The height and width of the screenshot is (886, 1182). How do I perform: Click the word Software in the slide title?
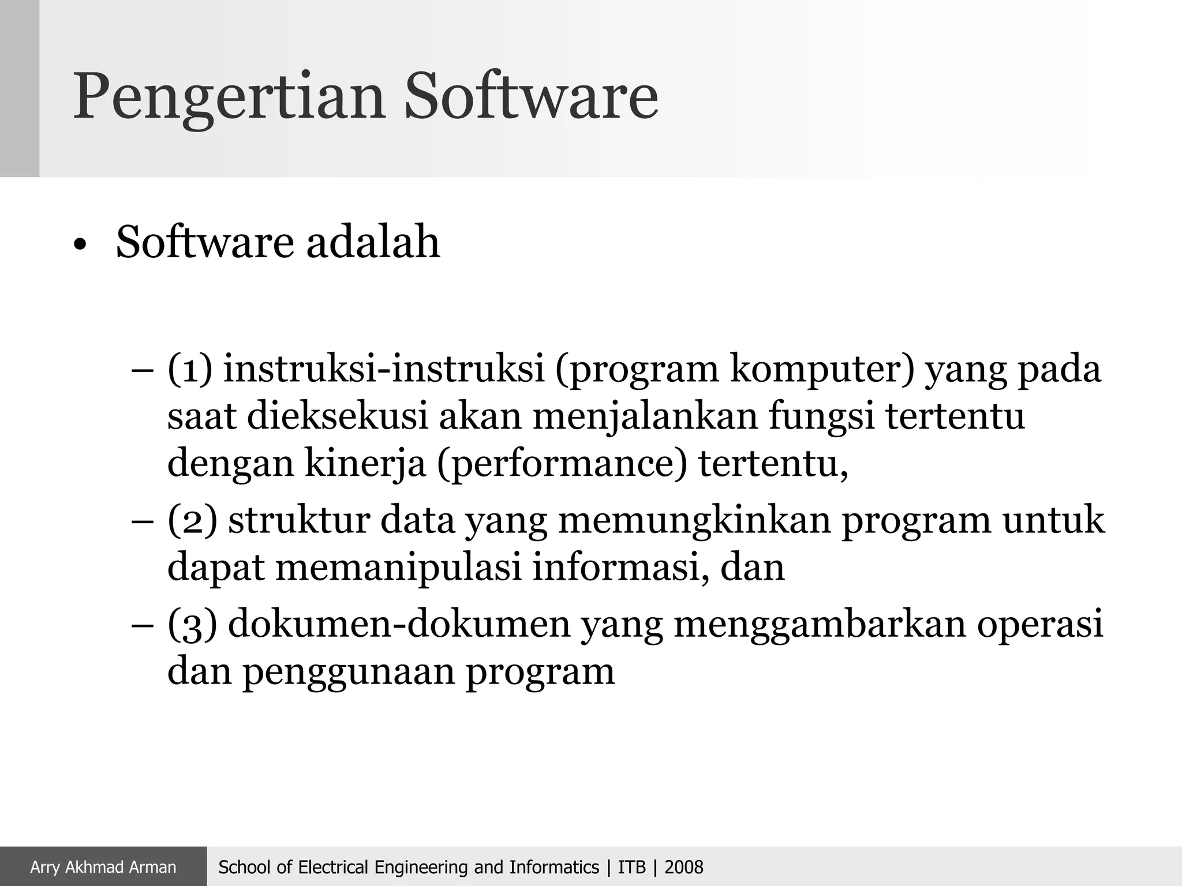pos(530,95)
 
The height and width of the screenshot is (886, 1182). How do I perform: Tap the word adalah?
pos(373,242)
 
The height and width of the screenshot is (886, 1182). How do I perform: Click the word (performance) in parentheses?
pos(563,464)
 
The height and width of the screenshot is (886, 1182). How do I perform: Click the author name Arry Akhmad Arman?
pos(103,867)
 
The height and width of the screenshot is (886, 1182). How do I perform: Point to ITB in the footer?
pos(631,867)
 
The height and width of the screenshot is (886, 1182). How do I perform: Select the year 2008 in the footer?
pos(684,867)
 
